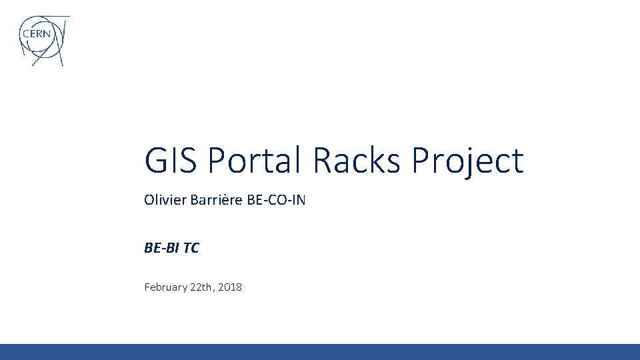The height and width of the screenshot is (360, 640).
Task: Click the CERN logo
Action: click(43, 40)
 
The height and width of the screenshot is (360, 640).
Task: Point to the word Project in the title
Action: click(468, 163)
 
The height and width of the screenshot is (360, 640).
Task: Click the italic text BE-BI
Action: click(161, 248)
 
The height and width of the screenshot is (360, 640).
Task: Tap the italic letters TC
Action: click(191, 248)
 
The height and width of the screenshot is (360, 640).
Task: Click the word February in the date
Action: click(166, 287)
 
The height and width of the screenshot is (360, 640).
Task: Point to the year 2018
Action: click(230, 287)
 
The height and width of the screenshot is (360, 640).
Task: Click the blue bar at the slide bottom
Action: click(320, 351)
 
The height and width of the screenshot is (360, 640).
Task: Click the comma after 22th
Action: click(214, 291)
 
